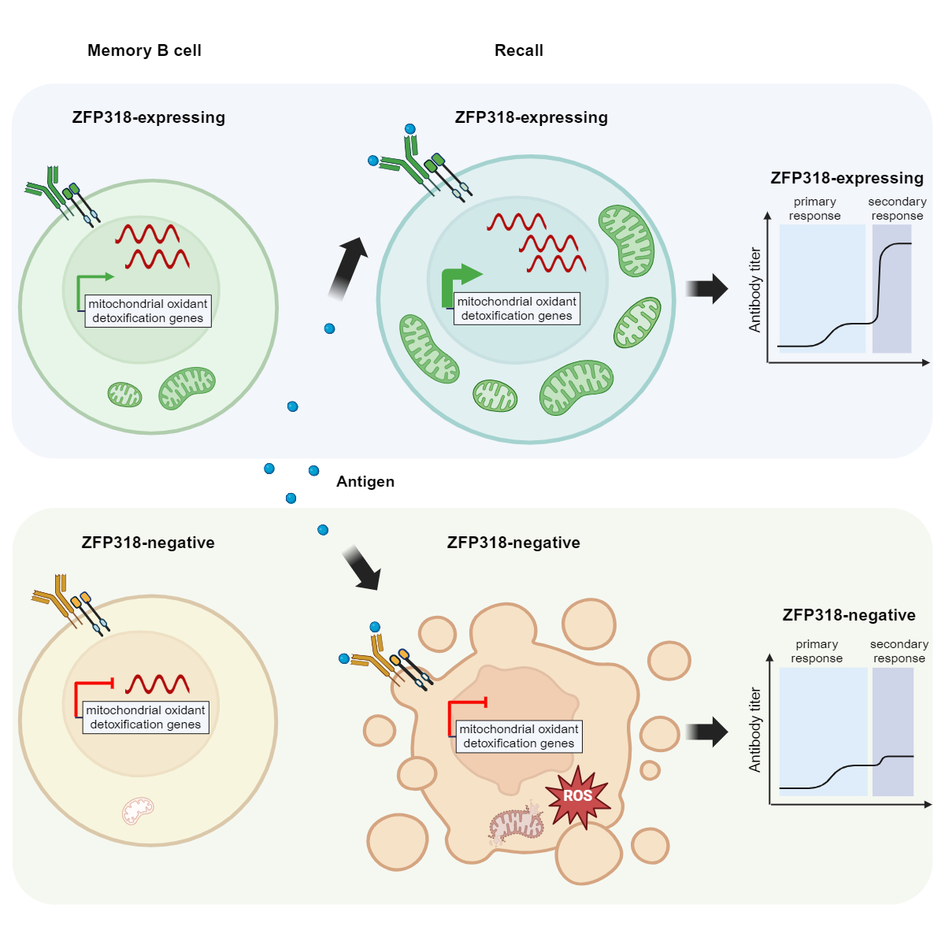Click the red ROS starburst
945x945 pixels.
pos(577,795)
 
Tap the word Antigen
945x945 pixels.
pos(365,482)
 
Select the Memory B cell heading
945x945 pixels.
pos(144,50)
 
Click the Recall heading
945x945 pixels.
pos(518,50)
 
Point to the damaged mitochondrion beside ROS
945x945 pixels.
pos(516,824)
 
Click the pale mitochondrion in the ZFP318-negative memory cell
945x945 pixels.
pos(138,810)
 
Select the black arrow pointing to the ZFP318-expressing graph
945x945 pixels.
pos(706,289)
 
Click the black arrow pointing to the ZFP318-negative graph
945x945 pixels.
pos(706,732)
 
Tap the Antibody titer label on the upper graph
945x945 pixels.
pos(754,289)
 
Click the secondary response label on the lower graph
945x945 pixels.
pos(899,650)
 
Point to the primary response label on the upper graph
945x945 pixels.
pos(814,209)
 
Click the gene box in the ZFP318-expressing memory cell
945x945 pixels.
pos(147,311)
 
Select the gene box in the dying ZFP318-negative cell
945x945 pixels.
pos(518,736)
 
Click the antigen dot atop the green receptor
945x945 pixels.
pos(410,129)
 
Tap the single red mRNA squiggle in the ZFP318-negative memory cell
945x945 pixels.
pos(157,684)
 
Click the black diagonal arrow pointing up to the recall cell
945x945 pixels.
pos(347,269)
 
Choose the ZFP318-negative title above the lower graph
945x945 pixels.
pos(849,615)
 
